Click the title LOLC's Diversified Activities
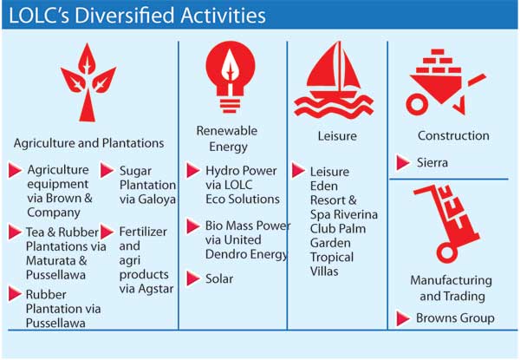[x=137, y=16]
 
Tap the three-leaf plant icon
[x=88, y=82]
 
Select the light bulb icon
[x=231, y=76]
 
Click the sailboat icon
[x=334, y=80]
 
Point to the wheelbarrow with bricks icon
[x=445, y=82]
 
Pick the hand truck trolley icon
[x=446, y=225]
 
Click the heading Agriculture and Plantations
[x=89, y=143]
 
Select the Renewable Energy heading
[x=227, y=139]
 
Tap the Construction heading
[x=453, y=135]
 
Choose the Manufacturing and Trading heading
[x=452, y=288]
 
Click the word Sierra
[x=432, y=162]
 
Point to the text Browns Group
[x=455, y=317]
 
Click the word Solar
[x=219, y=278]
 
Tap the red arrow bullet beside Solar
[x=192, y=278]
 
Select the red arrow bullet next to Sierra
[x=403, y=162]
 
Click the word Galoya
[x=157, y=200]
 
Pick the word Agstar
[x=155, y=289]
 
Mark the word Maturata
[x=51, y=260]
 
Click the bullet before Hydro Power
[x=192, y=170]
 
